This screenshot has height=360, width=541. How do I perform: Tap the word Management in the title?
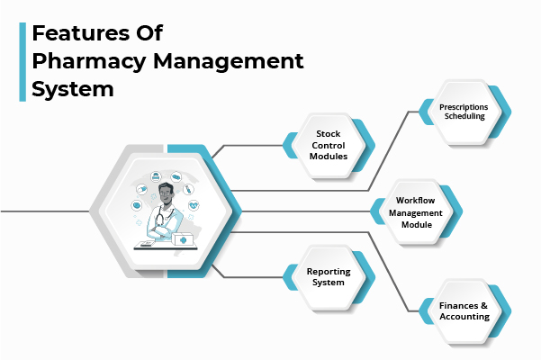point(223,63)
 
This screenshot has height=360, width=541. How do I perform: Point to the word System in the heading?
point(73,90)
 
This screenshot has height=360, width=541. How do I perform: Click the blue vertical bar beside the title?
point(22,62)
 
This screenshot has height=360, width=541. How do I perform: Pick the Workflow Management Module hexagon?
point(416,212)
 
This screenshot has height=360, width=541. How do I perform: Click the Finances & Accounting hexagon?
point(464,311)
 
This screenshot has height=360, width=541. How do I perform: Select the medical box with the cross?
point(181,241)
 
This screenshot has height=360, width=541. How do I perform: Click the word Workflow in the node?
point(416,201)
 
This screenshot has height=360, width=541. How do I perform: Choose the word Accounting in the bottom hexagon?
point(464,318)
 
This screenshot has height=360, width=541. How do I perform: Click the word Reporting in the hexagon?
point(329,271)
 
